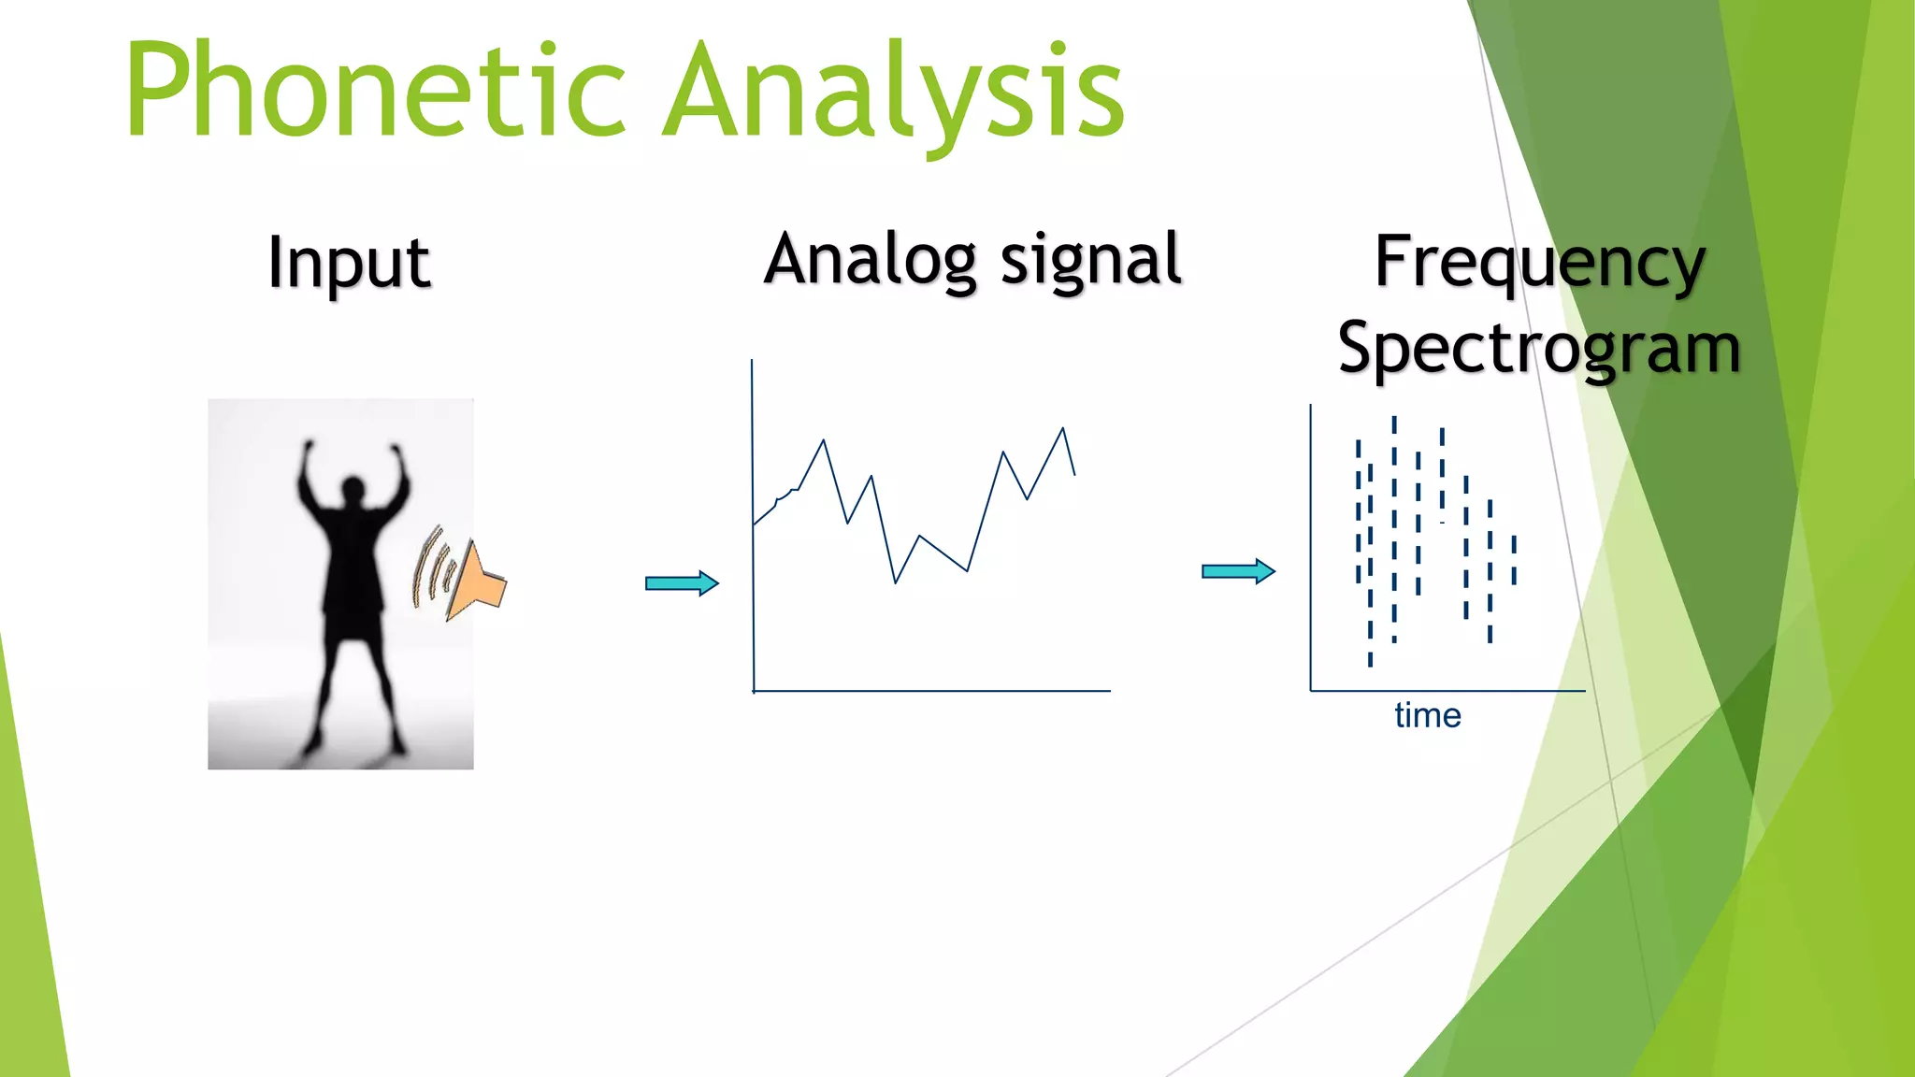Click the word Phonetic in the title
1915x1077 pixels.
[x=374, y=91]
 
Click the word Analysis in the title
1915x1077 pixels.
[x=893, y=91]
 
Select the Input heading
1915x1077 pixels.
[x=349, y=264]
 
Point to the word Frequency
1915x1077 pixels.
[x=1539, y=264]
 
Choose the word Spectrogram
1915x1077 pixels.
[x=1539, y=349]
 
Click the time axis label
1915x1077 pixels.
[x=1427, y=715]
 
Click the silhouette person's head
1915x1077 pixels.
[x=353, y=489]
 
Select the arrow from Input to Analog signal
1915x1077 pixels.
[x=682, y=583]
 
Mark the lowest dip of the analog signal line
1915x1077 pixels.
[x=895, y=582]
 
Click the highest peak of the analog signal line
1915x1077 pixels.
[x=1062, y=429]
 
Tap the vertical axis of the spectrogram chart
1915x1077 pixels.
[x=1311, y=561]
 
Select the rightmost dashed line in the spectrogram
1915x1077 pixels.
[x=1514, y=560]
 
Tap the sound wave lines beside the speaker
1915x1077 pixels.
[x=432, y=567]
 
